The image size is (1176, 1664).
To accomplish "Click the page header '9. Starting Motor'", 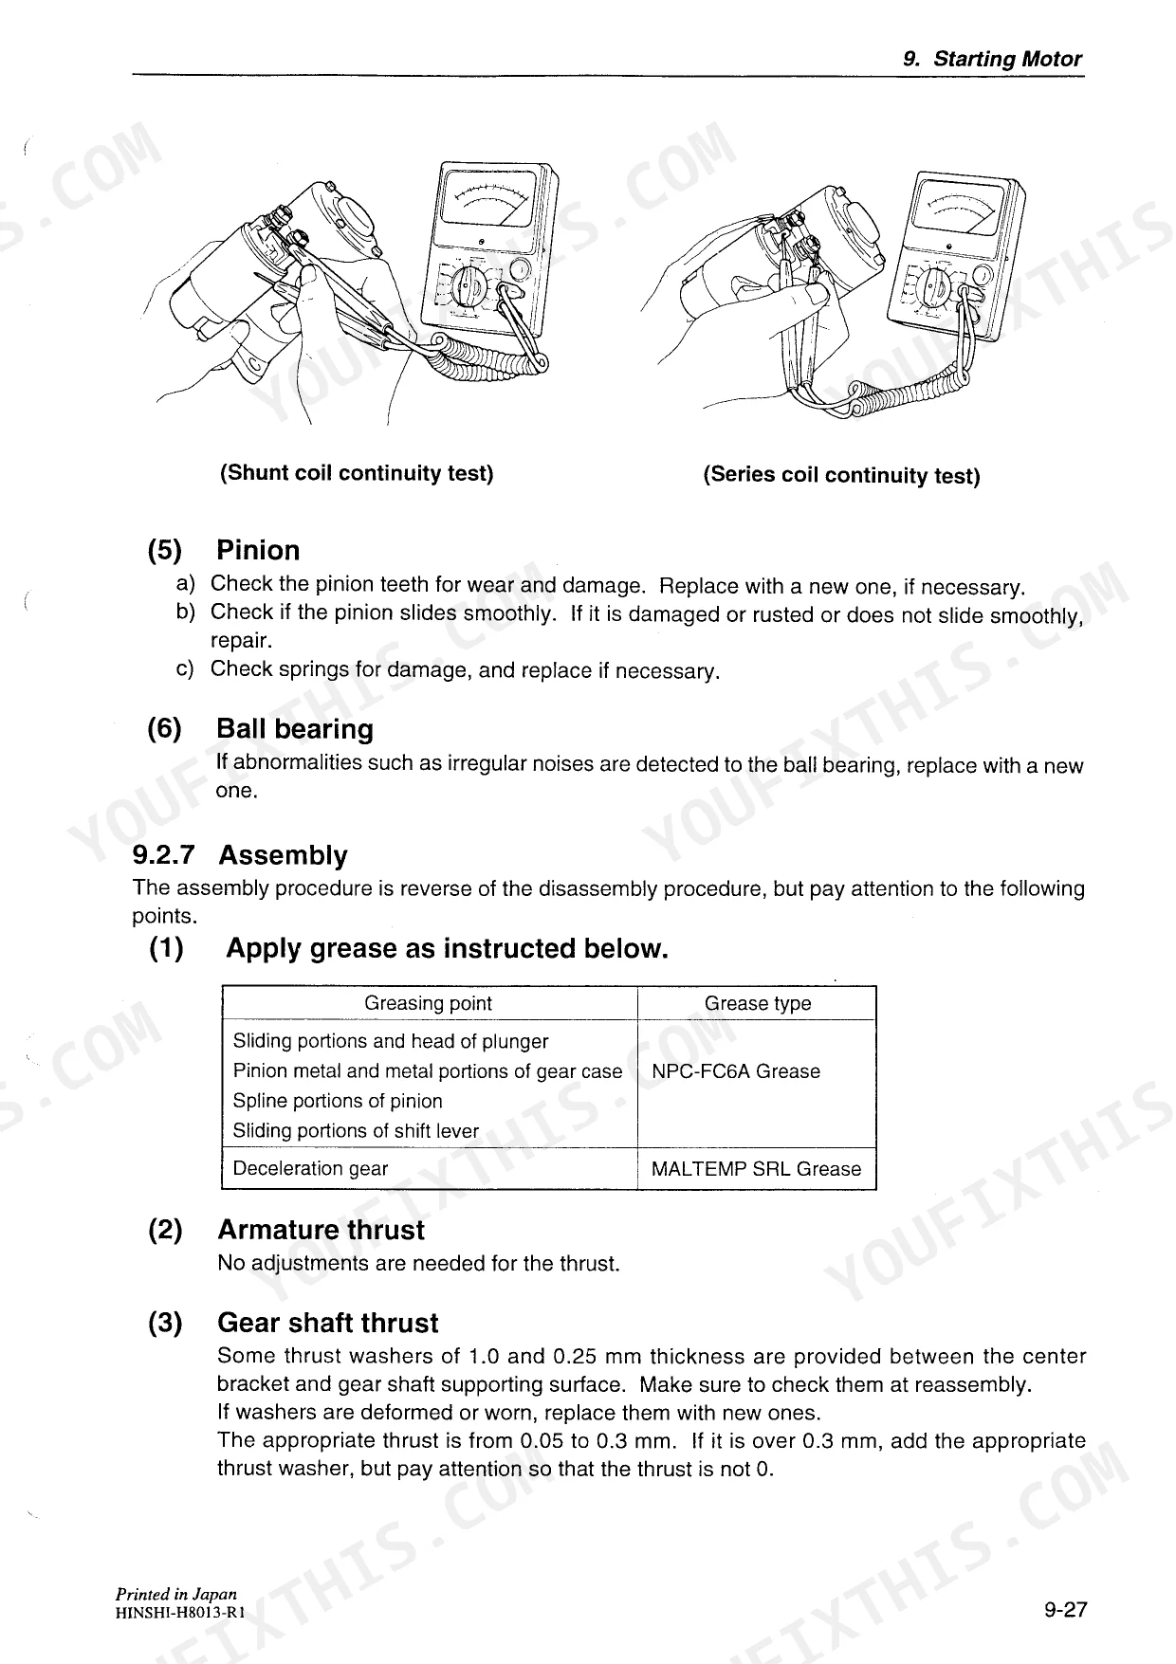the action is [x=992, y=59].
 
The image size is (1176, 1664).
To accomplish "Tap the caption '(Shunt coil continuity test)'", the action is [x=357, y=473].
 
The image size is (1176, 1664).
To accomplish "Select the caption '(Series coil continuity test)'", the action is [x=841, y=475].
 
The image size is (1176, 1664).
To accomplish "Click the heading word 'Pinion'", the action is [x=258, y=551].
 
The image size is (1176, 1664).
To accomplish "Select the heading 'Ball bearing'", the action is [x=295, y=729].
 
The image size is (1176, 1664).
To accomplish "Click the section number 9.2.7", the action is [x=163, y=855].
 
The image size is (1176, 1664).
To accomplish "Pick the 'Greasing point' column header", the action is [x=429, y=1003].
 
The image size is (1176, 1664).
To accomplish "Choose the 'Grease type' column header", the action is [x=758, y=1003].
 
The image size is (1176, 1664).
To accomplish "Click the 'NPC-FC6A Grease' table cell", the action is [x=736, y=1071].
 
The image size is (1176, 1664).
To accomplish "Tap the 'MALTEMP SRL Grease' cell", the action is [x=756, y=1169].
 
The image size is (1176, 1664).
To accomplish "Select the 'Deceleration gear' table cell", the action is [x=310, y=1169].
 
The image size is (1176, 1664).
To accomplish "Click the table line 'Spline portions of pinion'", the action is [x=338, y=1101].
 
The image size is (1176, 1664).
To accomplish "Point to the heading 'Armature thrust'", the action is [x=321, y=1230].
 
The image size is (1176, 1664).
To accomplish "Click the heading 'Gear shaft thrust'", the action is [x=327, y=1323].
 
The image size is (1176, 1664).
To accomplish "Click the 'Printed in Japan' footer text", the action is [x=176, y=1594].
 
